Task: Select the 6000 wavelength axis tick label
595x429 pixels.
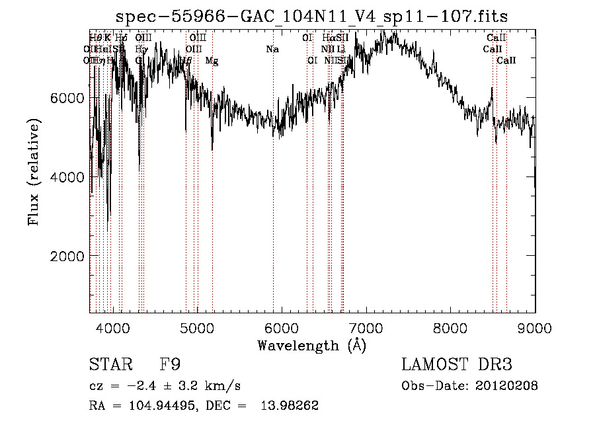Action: tap(282, 327)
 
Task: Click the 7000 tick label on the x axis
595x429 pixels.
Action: tap(366, 327)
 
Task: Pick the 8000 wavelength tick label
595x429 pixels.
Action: tap(450, 327)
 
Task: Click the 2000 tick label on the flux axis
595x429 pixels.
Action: tap(66, 256)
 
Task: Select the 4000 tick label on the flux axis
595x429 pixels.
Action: tap(66, 177)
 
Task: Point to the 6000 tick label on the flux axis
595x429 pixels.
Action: tap(66, 98)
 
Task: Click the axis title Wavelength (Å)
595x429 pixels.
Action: tap(311, 345)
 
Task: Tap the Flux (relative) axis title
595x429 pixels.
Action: tap(34, 172)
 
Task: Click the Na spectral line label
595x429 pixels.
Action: tap(272, 50)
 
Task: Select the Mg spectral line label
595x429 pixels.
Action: tap(212, 61)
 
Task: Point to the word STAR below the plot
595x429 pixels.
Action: tap(110, 364)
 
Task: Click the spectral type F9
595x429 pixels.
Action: tap(171, 364)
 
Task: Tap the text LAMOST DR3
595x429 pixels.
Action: tap(457, 364)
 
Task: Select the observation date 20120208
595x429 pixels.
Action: tap(506, 386)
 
